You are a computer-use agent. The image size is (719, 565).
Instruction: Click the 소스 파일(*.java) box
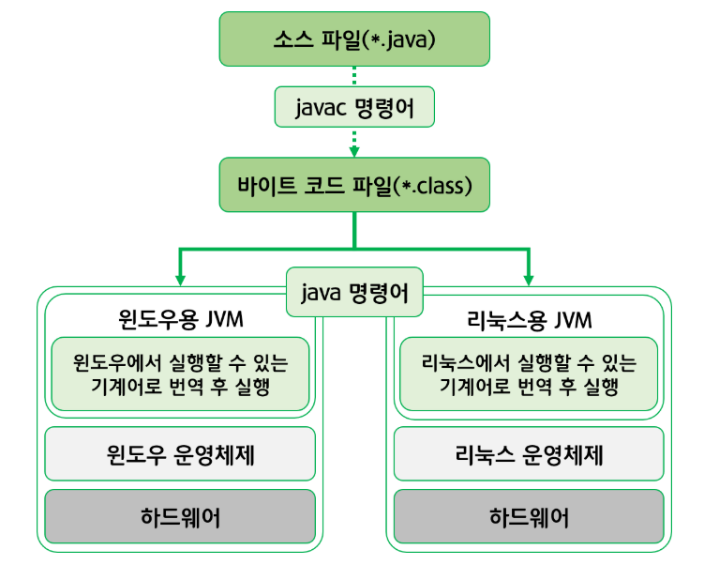pos(354,39)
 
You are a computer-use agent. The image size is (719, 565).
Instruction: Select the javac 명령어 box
pos(354,108)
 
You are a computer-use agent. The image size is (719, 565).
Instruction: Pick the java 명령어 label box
pos(354,294)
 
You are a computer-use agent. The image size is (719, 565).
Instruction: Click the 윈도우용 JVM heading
pos(179,319)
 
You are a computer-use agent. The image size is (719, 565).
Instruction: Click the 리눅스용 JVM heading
pos(529,319)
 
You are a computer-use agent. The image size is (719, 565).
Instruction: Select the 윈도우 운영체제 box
pos(179,455)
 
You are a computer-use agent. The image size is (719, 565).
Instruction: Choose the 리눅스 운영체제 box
pos(529,455)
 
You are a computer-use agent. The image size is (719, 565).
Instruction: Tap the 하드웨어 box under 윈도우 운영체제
pos(179,516)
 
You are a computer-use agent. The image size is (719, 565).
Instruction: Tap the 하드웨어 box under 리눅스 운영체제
pos(529,516)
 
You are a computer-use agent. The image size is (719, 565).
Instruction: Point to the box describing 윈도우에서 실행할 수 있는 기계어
pos(179,374)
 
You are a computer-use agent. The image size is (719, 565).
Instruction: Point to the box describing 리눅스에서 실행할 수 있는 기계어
pos(529,374)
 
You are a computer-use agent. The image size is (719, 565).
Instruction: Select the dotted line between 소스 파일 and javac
pos(354,75)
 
